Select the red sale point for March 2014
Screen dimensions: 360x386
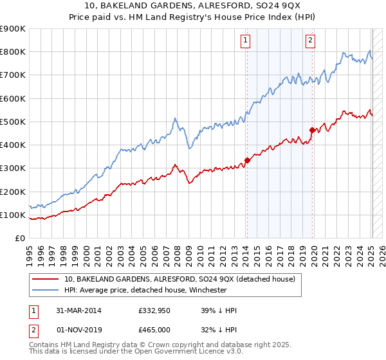247,161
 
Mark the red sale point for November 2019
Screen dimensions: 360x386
312,130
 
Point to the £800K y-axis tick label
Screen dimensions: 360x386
13,52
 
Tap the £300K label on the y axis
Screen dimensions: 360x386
13,168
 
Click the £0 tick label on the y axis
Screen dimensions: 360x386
19,239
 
